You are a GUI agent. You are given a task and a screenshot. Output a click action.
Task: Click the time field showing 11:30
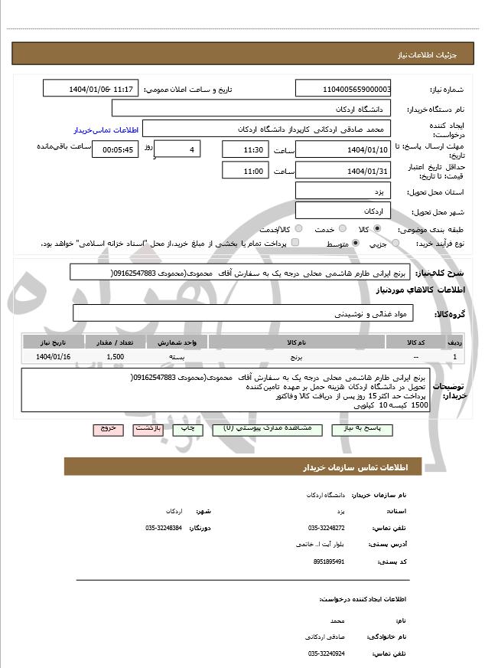[245, 149]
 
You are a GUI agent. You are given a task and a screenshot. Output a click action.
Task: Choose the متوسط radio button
[356, 243]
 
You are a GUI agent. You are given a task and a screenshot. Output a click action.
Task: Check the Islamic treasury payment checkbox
[295, 243]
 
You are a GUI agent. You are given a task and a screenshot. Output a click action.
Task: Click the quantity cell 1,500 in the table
[116, 357]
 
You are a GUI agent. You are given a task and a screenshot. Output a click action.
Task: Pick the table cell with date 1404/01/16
[53, 357]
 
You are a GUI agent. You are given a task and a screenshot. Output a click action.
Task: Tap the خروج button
[107, 429]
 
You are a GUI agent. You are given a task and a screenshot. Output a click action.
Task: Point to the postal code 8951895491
[329, 562]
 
